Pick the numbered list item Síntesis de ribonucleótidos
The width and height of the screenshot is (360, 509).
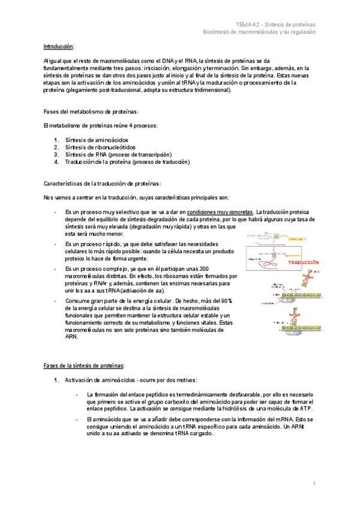100,147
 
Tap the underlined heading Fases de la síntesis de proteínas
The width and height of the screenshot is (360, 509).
84,365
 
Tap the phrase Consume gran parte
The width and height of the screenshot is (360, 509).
93,300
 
